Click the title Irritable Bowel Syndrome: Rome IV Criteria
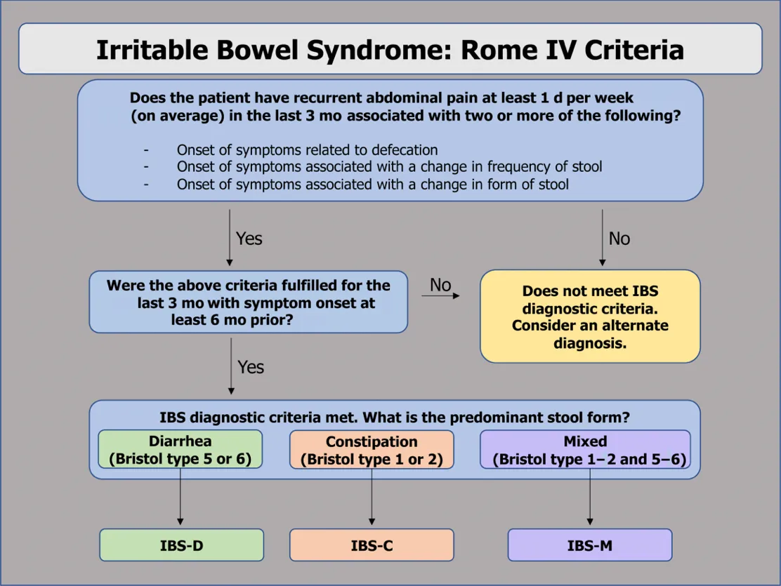pyautogui.click(x=390, y=50)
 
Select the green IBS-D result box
pyautogui.click(x=181, y=545)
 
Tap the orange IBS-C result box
pyautogui.click(x=372, y=545)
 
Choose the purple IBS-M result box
pyautogui.click(x=589, y=545)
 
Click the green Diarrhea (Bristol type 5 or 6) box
pyautogui.click(x=180, y=450)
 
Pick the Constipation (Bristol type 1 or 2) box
pyautogui.click(x=372, y=450)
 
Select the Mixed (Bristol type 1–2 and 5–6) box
pyautogui.click(x=585, y=450)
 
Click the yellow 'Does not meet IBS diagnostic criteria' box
pyautogui.click(x=590, y=317)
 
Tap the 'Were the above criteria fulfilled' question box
pyautogui.click(x=248, y=302)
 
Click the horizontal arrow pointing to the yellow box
pyautogui.click(x=440, y=296)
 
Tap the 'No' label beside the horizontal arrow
pyautogui.click(x=440, y=284)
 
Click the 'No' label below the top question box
pyautogui.click(x=619, y=239)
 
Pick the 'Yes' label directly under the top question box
pyautogui.click(x=249, y=239)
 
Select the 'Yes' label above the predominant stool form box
pyautogui.click(x=250, y=367)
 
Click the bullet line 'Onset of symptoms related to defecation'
pyautogui.click(x=307, y=150)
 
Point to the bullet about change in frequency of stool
pyautogui.click(x=389, y=167)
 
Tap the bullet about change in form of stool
pyautogui.click(x=372, y=185)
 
